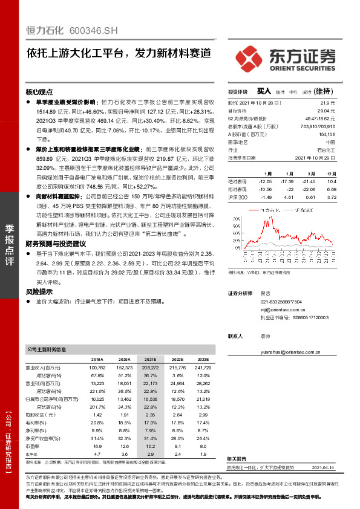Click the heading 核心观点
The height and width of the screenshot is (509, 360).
pyautogui.click(x=38, y=92)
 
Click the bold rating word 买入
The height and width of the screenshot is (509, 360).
pyautogui.click(x=264, y=91)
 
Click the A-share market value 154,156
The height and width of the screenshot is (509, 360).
pyautogui.click(x=326, y=134)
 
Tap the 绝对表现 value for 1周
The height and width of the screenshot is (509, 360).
pyautogui.click(x=266, y=181)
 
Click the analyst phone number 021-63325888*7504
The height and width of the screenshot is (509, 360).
pyautogui.click(x=281, y=301)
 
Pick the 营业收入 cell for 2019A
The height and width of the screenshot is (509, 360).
pyautogui.click(x=97, y=368)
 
